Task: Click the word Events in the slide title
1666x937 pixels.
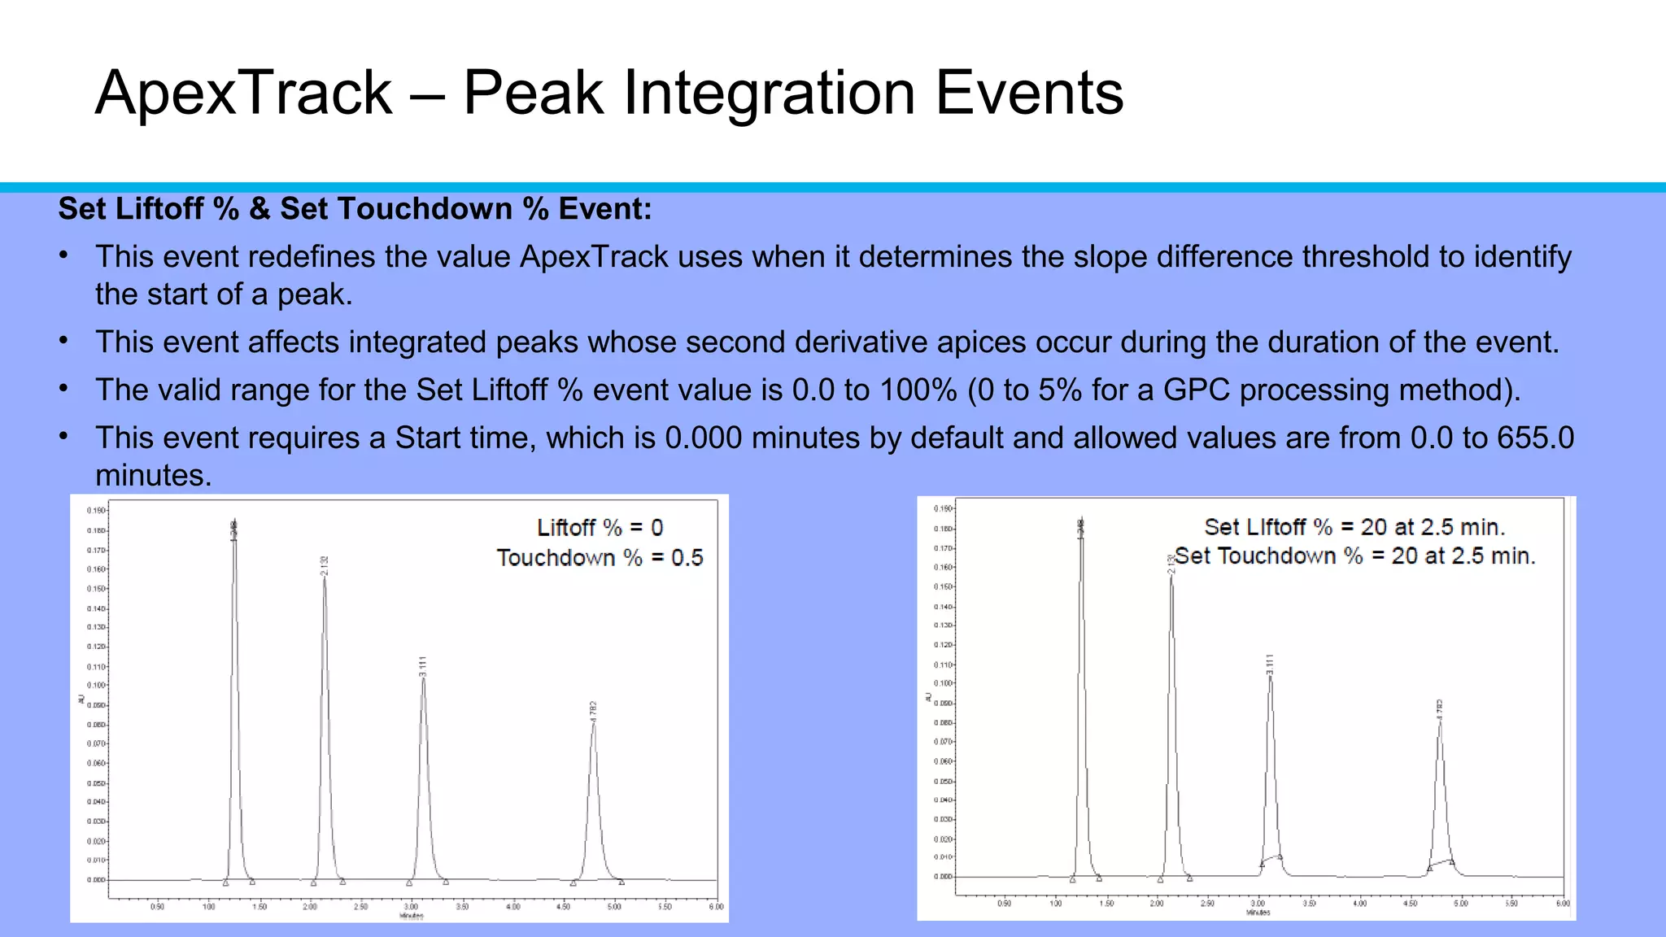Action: pos(1029,94)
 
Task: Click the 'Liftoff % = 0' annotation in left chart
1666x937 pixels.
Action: pos(600,528)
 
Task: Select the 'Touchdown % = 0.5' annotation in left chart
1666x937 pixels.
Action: pos(600,558)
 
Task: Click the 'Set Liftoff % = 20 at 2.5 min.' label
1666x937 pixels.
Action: pos(1354,527)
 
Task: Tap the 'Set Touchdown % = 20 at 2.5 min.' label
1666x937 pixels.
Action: pos(1354,556)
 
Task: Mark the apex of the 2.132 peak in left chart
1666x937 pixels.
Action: pos(324,577)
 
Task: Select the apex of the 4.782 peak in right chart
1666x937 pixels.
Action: pos(1440,721)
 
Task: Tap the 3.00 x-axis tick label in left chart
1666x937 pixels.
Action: pos(412,906)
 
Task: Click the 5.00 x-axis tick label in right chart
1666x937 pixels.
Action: pos(1461,904)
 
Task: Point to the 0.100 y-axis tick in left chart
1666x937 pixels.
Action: pos(96,686)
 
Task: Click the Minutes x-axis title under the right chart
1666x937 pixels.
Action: pos(1258,913)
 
